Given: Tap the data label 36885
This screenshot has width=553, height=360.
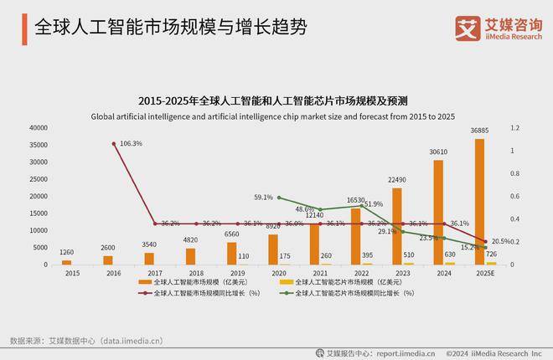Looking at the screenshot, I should tap(479, 131).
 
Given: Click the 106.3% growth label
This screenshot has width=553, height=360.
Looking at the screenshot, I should tap(131, 144).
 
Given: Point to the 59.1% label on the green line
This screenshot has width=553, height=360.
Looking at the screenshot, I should tap(263, 198).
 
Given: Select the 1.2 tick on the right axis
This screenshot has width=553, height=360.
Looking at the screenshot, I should tap(515, 128).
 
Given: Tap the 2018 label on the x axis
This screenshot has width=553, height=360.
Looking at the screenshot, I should tap(190, 274).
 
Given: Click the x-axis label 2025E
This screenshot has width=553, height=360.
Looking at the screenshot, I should tap(479, 274).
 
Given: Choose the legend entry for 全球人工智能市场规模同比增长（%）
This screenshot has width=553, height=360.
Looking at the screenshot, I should tap(200, 294).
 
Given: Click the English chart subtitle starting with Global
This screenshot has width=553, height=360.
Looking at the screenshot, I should tap(276, 116).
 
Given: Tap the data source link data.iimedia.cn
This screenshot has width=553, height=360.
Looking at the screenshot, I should tap(130, 341).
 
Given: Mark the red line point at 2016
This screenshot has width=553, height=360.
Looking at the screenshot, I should tap(114, 144).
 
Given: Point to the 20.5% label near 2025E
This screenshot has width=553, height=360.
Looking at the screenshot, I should tap(500, 241).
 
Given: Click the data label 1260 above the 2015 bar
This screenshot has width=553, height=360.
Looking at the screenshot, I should tap(66, 252).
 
